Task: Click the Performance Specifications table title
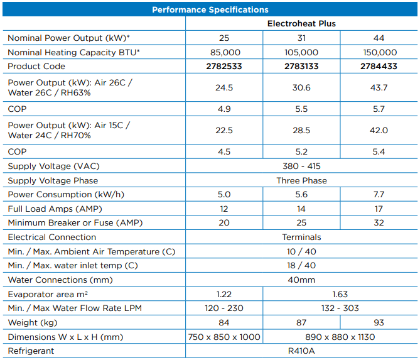[x=210, y=9]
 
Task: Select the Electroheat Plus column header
[x=301, y=24]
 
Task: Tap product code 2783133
[x=301, y=66]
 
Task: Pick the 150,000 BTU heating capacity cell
[x=379, y=53]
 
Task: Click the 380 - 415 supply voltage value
[x=301, y=166]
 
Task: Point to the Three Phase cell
[x=301, y=180]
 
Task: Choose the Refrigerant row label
[x=31, y=351]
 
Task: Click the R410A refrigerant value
[x=301, y=351]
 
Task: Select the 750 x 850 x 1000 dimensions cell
[x=224, y=337]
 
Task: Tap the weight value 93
[x=379, y=322]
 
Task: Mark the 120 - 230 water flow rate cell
[x=224, y=308]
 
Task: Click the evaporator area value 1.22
[x=224, y=294]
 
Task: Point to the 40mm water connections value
[x=301, y=280]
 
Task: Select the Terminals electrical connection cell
[x=301, y=237]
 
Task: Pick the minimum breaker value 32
[x=379, y=222]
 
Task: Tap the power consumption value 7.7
[x=379, y=195]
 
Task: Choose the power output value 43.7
[x=379, y=88]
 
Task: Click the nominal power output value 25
[x=224, y=38]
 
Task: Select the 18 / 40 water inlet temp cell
[x=301, y=265]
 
